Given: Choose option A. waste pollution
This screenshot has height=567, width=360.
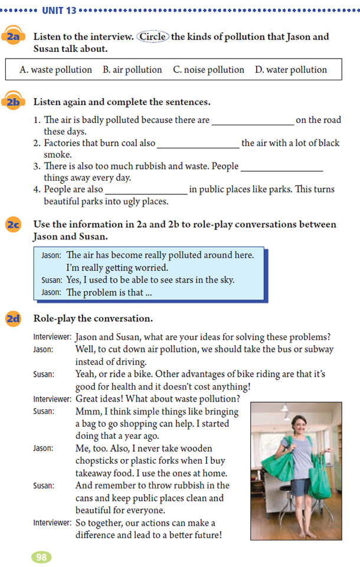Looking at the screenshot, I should [x=55, y=70].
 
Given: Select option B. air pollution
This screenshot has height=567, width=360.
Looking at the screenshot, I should [x=132, y=70].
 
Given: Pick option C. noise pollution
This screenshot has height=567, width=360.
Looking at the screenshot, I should [x=208, y=70].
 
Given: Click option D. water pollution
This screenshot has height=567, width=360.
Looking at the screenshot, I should [x=291, y=70].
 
